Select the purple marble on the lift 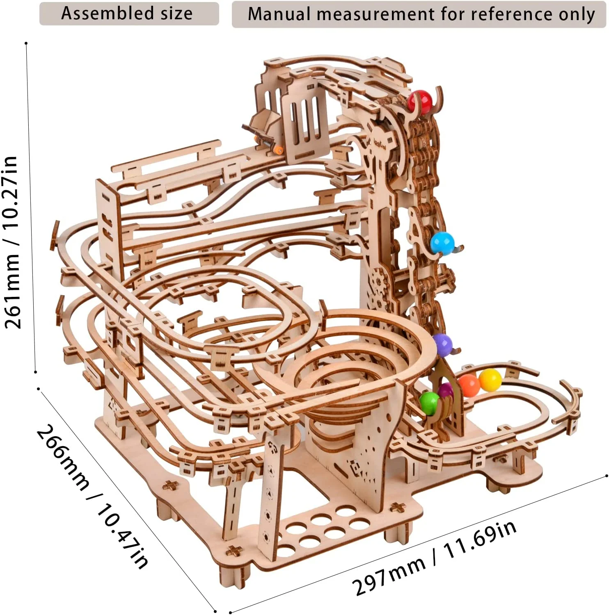pos(442,344)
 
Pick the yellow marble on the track pos(490,380)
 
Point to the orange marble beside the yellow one pos(469,385)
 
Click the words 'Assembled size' pos(127,14)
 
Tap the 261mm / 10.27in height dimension pos(12,242)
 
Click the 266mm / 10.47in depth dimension pos(92,496)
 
